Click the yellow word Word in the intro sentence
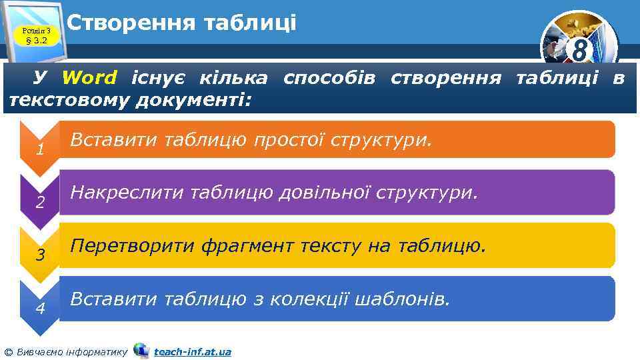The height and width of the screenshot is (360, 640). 89,78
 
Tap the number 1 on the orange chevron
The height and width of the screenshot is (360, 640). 40,151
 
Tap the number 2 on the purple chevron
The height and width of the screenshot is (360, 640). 40,203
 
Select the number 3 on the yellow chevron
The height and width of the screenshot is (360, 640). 40,255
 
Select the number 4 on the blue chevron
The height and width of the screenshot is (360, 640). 40,309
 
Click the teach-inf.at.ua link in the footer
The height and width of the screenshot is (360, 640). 193,351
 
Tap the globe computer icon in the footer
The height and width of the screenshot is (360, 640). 141,350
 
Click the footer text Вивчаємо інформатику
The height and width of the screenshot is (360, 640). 71,351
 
